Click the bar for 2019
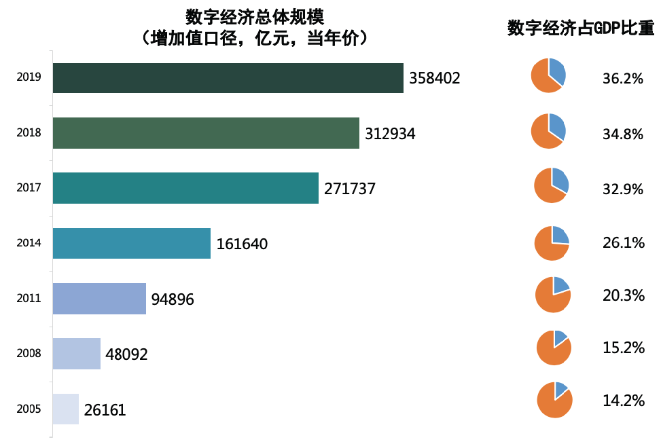pos(228,78)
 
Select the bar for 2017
pos(185,188)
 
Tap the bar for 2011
pos(99,299)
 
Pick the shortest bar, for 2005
pos(66,409)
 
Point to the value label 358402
pos(435,78)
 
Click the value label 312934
pos(390,134)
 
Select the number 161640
pos(242,244)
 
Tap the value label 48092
pos(127,354)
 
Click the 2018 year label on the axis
pos(29,133)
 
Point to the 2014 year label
pos(29,243)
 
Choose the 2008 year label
pos(29,354)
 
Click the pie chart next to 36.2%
pos(548,75)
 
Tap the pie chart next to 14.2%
pos(554,400)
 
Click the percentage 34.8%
pos(623,134)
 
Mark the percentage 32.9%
pos(623,189)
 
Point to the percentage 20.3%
pos(623,297)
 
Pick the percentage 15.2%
pos(623,348)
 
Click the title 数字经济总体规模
pos(255,16)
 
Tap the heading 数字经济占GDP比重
pos(581,29)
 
